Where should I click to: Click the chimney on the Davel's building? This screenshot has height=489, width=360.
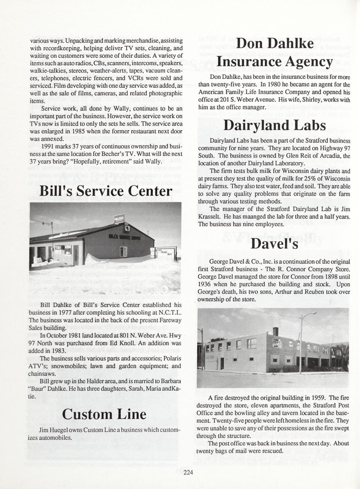click(x=276, y=331)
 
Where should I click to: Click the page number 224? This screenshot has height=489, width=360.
click(x=188, y=472)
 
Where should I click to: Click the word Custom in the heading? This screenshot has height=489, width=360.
click(x=84, y=414)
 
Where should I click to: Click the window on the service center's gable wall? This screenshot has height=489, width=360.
click(x=123, y=252)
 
